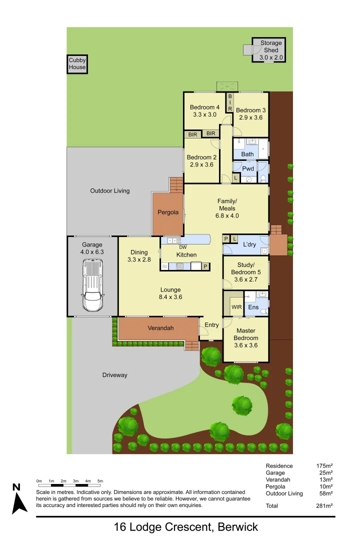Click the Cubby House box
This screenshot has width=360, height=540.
click(77, 64)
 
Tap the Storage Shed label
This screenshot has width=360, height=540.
click(271, 50)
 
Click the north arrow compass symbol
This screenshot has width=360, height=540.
click(18, 498)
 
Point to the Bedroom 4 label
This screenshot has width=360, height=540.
click(204, 110)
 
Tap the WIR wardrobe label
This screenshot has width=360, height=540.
click(236, 307)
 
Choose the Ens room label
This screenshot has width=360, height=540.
click(253, 307)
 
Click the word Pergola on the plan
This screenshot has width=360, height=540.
click(168, 212)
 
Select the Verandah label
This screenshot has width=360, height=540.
click(160, 328)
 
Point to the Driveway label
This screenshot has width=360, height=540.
click(115, 375)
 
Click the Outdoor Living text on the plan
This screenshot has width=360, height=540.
click(109, 190)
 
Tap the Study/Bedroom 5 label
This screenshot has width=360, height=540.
click(245, 268)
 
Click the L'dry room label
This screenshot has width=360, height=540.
click(249, 244)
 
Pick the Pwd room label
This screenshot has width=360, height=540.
click(248, 168)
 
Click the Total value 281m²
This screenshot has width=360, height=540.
click(324, 506)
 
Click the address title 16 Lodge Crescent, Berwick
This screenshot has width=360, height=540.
click(186, 527)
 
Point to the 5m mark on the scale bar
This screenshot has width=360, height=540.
click(100, 481)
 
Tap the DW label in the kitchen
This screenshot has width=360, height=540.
click(182, 247)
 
